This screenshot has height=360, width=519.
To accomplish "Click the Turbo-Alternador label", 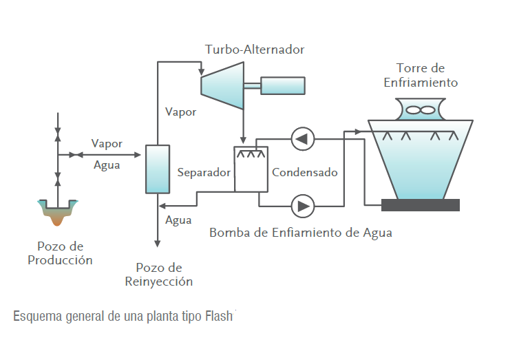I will pyautogui.click(x=254, y=50).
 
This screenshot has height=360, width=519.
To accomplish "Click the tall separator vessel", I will pyautogui.click(x=158, y=169).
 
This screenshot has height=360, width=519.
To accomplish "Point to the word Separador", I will pyautogui.click(x=203, y=173).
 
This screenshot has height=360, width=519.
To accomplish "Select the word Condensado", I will pyautogui.click(x=305, y=173).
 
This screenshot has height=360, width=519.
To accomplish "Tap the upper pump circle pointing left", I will pyautogui.click(x=303, y=139).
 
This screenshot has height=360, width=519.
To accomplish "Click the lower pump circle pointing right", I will pyautogui.click(x=303, y=205).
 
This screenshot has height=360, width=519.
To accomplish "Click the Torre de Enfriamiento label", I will pyautogui.click(x=421, y=75).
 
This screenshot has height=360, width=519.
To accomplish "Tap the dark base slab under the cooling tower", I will pyautogui.click(x=421, y=205).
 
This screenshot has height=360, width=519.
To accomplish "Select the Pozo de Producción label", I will pyautogui.click(x=60, y=253).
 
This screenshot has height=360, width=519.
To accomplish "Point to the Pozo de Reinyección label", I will pyautogui.click(x=158, y=274).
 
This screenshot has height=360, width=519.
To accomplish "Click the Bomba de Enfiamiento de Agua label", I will pyautogui.click(x=300, y=233).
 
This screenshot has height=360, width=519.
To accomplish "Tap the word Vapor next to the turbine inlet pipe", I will pyautogui.click(x=180, y=112).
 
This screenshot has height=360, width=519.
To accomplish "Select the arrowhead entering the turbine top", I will pyautogui.click(x=200, y=72).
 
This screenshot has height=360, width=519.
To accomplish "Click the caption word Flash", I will pyautogui.click(x=220, y=317).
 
